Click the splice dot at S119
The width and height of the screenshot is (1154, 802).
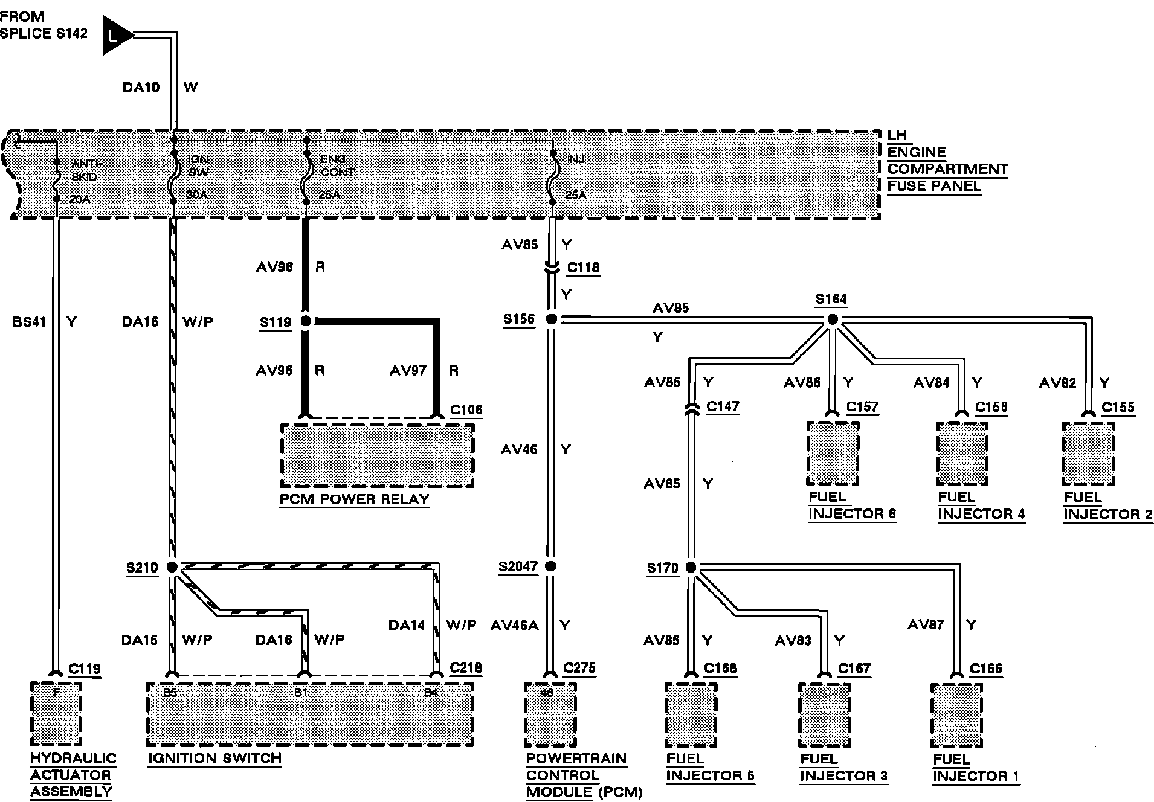pos(306,321)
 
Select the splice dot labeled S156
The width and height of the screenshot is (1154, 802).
pos(551,319)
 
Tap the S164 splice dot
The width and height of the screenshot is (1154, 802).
pos(832,319)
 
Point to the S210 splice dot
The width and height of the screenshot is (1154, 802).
pos(172,567)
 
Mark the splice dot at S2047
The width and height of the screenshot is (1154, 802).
pos(550,566)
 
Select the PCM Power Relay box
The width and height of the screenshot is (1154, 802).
pos(377,455)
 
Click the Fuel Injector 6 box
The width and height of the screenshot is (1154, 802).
pos(833,453)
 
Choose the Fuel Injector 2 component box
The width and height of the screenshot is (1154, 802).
pos(1089,454)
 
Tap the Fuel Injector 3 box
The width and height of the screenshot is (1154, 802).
pos(824,714)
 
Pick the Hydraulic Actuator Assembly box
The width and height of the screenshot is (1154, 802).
pos(56,713)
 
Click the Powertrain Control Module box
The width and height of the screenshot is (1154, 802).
pos(550,714)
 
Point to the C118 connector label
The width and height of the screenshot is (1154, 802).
pos(583,268)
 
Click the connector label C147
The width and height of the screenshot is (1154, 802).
pos(723,406)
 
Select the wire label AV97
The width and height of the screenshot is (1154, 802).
pos(408,370)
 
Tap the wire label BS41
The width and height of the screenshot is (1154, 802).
pos(29,322)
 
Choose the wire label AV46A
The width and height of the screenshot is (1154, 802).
pos(514,626)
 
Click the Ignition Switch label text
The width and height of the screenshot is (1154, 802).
pos(215,759)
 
